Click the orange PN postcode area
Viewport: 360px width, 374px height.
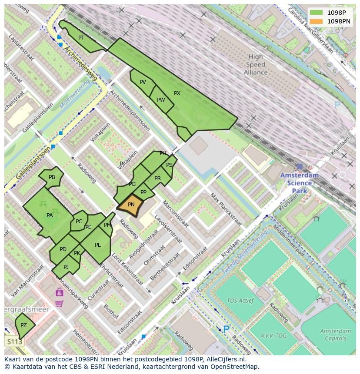tap(130, 205)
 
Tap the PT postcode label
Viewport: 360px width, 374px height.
tap(81, 38)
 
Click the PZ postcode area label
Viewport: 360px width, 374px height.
tap(23, 325)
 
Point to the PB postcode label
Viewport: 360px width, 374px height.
tap(52, 177)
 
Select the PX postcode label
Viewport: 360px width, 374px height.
tap(177, 93)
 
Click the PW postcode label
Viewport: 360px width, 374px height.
tap(161, 100)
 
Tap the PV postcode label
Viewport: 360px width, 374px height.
tap(143, 82)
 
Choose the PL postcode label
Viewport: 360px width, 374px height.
tap(97, 245)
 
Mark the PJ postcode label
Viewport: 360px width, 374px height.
tap(66, 267)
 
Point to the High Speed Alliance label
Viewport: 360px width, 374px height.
tap(256, 64)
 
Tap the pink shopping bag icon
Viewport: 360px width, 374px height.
tap(59, 292)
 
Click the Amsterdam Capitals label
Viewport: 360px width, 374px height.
tap(335, 334)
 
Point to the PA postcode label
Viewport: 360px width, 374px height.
tap(50, 215)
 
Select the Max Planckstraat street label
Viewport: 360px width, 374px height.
tap(225, 209)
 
